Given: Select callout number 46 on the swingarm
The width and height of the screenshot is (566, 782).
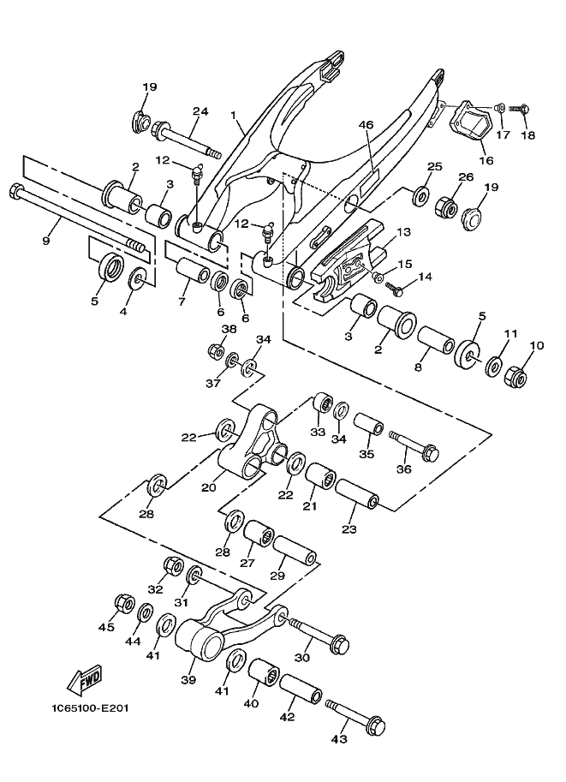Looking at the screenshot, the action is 366,125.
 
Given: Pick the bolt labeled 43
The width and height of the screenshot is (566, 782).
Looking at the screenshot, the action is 355,715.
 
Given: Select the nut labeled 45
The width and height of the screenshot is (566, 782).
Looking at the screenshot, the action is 123,603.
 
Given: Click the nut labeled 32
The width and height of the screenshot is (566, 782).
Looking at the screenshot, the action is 173,565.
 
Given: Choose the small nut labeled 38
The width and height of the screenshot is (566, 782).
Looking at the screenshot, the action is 216,352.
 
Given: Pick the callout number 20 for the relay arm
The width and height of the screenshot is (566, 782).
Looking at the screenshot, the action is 208,487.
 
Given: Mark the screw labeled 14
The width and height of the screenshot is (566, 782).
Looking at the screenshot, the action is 394,287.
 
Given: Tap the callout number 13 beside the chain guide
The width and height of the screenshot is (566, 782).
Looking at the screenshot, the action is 403,232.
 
